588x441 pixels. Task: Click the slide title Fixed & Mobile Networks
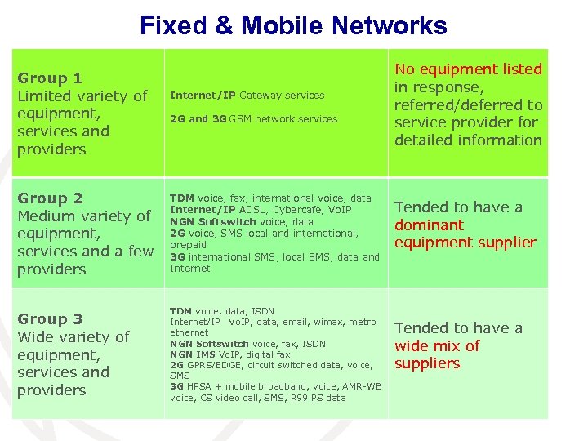coord(293,25)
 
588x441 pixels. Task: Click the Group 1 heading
coord(50,78)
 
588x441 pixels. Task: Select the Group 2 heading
coord(50,198)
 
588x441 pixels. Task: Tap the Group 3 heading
coord(50,319)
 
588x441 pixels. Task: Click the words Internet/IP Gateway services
coord(247,96)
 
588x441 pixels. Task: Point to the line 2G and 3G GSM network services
coord(253,119)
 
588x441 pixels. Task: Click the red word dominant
coord(429,225)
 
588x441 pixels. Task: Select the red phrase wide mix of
coord(437,345)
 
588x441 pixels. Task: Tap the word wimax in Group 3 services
coord(330,322)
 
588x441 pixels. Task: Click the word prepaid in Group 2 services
coord(187,244)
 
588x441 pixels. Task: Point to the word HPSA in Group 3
coord(200,386)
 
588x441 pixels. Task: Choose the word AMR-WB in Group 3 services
coord(361,386)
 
